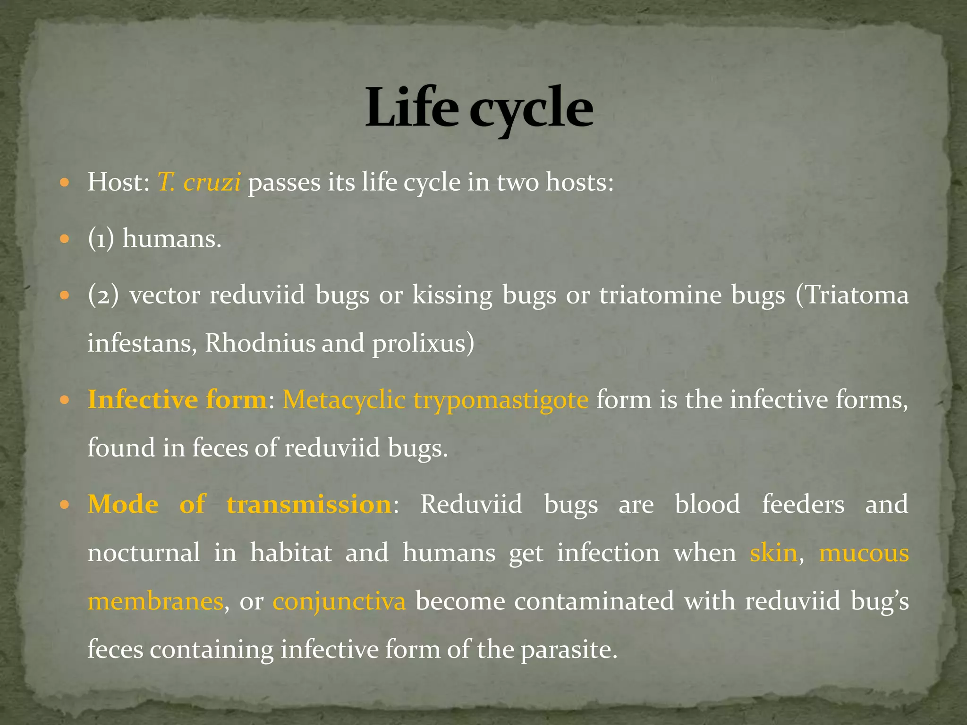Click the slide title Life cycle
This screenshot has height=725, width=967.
(479, 109)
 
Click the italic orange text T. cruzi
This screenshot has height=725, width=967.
(199, 182)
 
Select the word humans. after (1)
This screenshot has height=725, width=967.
(172, 239)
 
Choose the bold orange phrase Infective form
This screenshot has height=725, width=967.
(177, 400)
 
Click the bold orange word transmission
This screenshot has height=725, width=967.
(309, 504)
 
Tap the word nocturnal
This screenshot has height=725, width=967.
(144, 553)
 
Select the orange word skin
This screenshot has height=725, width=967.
(773, 553)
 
